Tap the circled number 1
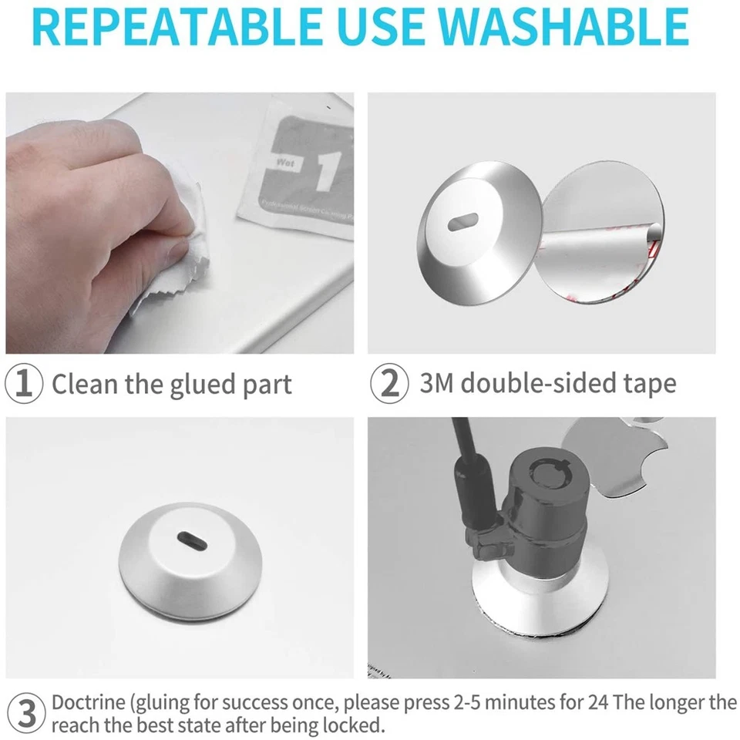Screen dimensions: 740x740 pos(25,384)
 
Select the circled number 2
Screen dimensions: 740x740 pos(390,384)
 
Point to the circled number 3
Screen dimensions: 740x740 pos(25,714)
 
